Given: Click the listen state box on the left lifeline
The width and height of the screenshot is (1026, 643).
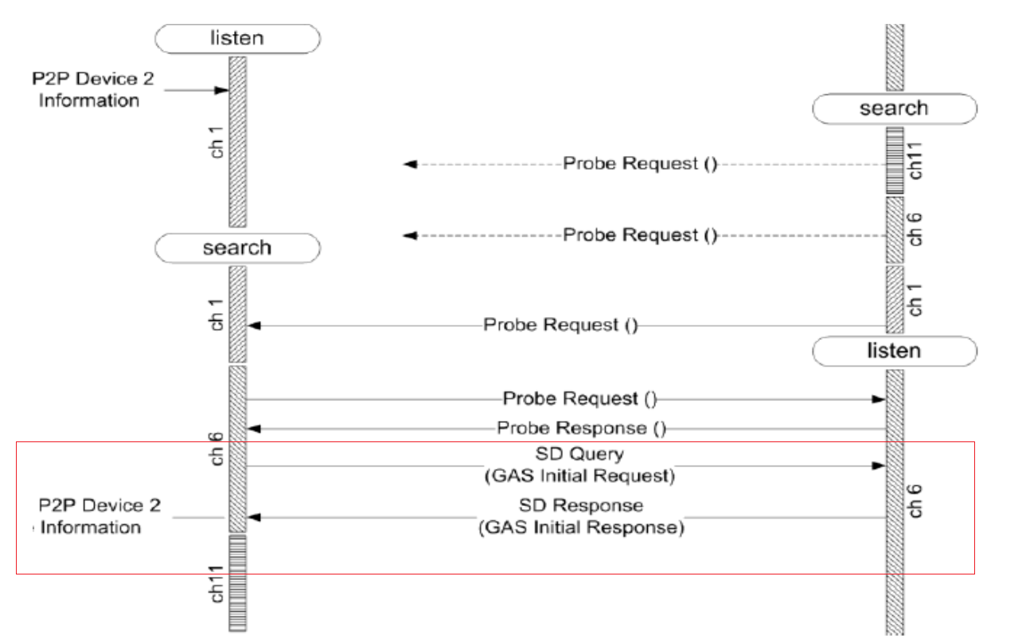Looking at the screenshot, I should click(x=237, y=37).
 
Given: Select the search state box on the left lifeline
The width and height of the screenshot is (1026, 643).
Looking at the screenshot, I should click(x=237, y=248).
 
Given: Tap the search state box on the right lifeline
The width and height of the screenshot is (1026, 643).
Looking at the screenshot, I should click(x=893, y=108).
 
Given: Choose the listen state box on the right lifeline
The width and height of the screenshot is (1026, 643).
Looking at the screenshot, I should click(x=893, y=351).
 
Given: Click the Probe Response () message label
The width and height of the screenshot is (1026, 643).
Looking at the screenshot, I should click(x=581, y=429).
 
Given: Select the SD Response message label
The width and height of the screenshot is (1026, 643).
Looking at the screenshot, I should click(x=581, y=506).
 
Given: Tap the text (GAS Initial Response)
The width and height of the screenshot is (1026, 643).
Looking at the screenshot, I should click(x=581, y=528).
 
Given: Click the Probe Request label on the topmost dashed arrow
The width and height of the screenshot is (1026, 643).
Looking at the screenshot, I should click(x=640, y=164).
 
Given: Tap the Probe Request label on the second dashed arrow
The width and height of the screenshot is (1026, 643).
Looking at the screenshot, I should click(x=640, y=236).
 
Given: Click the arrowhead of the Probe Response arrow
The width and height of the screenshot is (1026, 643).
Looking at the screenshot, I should click(x=253, y=429).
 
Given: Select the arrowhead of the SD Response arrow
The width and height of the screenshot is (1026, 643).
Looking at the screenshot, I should click(x=253, y=518).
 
